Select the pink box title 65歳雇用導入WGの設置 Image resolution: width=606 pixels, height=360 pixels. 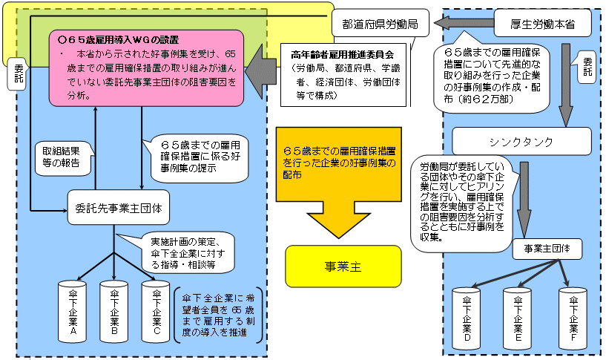coord(116,39)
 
